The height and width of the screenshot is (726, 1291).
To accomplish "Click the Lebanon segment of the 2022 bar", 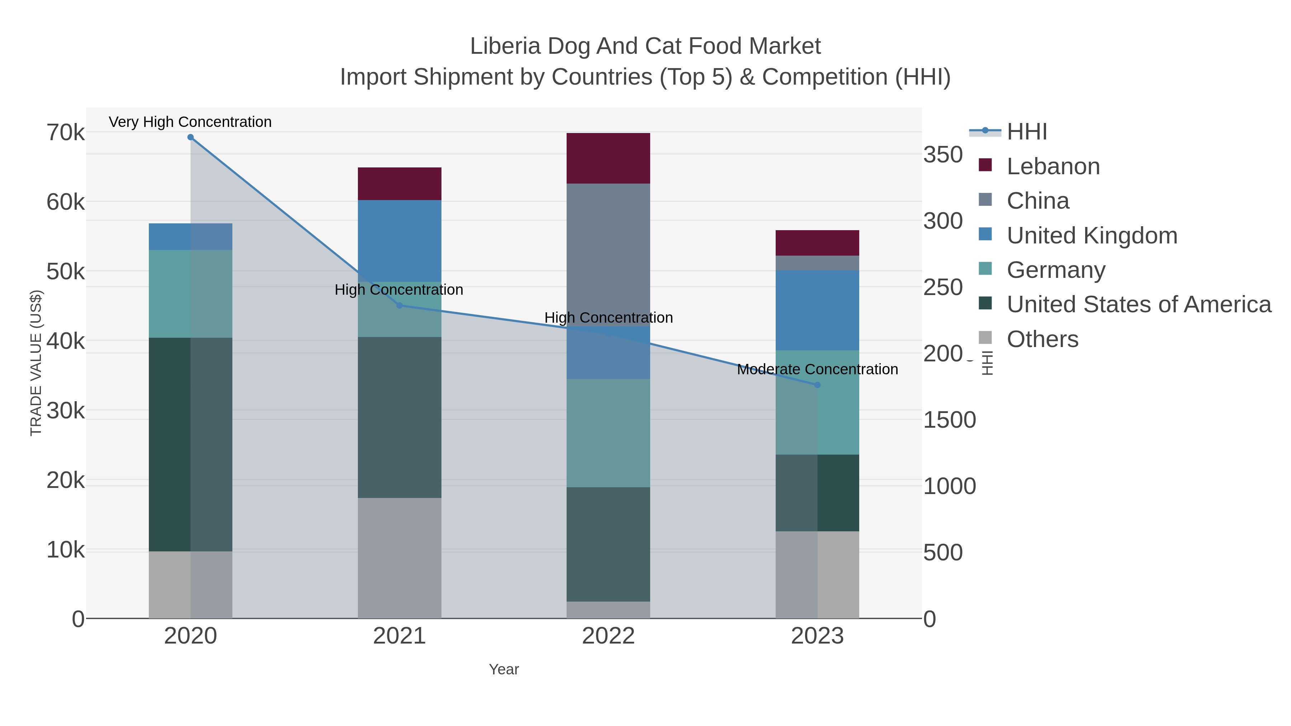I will click(608, 158).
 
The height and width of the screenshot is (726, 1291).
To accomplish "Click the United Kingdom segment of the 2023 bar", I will click(817, 310).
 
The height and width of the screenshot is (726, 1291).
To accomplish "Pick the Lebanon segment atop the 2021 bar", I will click(399, 184).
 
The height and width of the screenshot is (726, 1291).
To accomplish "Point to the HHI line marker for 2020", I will click(190, 137).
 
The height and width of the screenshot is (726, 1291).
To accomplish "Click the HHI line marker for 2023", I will click(817, 385).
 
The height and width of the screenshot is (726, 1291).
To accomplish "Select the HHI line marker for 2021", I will click(399, 305).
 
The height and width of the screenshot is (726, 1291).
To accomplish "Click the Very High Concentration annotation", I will click(190, 122).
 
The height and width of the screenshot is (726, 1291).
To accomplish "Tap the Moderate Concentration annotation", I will click(817, 369).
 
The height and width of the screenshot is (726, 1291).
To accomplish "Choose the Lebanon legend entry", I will click(1053, 166).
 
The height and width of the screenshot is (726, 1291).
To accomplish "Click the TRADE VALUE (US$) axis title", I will click(36, 363).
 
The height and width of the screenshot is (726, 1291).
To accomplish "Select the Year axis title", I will click(504, 669).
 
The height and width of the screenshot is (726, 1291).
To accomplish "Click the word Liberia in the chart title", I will click(505, 46).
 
